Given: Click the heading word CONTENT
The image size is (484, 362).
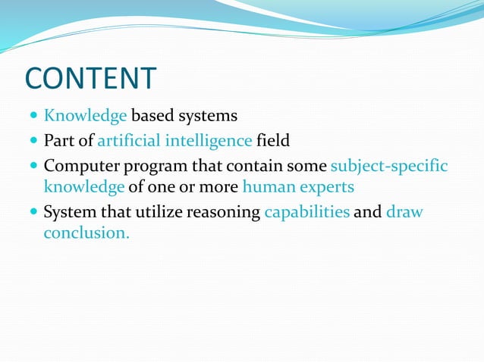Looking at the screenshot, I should click(x=90, y=79).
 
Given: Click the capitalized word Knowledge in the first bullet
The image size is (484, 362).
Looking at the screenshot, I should click(x=85, y=117).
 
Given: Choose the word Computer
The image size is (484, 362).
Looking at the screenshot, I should click(x=80, y=165).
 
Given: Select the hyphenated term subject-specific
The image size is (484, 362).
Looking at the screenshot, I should click(x=389, y=165).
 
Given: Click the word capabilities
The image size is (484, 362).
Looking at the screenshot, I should click(x=306, y=212).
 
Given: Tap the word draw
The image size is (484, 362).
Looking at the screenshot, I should click(x=404, y=211).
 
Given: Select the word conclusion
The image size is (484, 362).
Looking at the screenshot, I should click(x=86, y=233).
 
